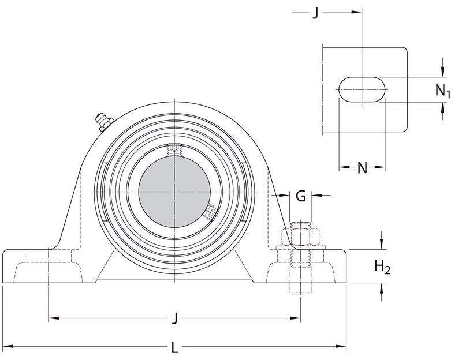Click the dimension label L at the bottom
click(x=175, y=348)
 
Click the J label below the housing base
click(x=175, y=318)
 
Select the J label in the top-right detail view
click(x=315, y=13)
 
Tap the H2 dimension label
click(x=382, y=267)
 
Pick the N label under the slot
click(x=362, y=168)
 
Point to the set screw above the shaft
click(x=174, y=149)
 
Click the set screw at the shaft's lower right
click(x=209, y=215)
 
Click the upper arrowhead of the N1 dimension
click(x=443, y=73)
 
